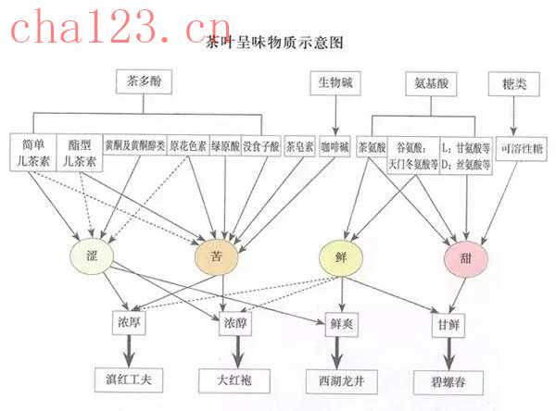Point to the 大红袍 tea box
coord(235,379)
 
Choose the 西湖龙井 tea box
coord(343,379)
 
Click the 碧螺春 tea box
coord(451,379)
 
